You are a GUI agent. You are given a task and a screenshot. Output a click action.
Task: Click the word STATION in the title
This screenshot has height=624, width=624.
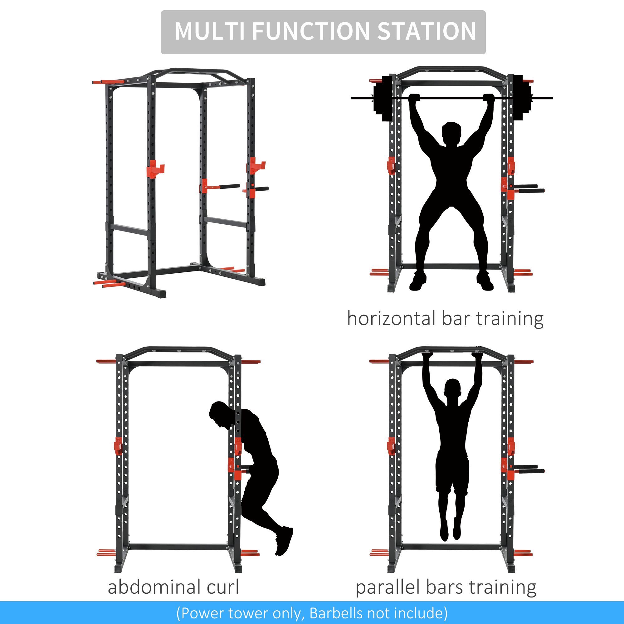point(426,31)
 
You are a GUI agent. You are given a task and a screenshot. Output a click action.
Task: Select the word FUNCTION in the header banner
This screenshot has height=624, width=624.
point(310,31)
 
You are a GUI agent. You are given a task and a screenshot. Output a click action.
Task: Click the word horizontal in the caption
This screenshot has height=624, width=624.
point(391,319)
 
